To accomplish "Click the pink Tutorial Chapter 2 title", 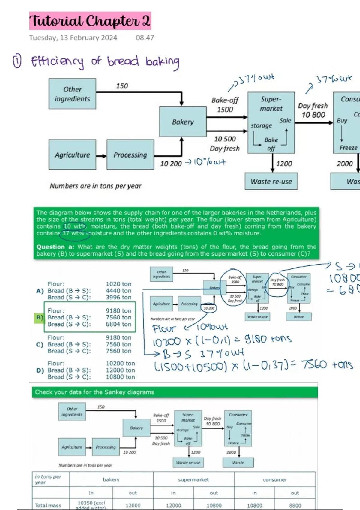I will coord(90,21).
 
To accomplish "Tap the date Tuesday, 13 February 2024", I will coord(73,38).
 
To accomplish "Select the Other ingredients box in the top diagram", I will coord(72,94).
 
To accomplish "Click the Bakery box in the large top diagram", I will coord(183,122).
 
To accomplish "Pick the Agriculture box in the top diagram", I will coord(72,155).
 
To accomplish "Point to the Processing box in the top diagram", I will coord(130,155).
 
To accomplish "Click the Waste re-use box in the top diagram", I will coord(271,181).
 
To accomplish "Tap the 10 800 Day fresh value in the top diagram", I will coord(313,115).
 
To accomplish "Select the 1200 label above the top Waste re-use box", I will coord(284,163).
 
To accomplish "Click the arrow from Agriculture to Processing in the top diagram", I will coord(101,156).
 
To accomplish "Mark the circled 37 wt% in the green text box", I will coord(74,233).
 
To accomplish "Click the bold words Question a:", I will coord(55,247).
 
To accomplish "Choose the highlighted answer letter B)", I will coord(40,317).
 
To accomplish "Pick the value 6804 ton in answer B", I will coord(118,324).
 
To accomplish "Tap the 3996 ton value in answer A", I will coord(118,297).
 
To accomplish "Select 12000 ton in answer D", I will coord(120,370).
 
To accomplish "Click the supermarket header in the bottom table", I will coord(193,479).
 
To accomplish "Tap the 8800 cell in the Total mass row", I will coord(295,505).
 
